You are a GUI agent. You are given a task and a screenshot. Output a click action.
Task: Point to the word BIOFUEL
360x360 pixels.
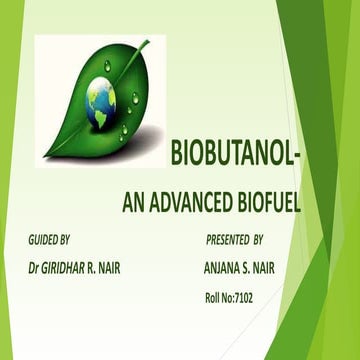coord(265,203)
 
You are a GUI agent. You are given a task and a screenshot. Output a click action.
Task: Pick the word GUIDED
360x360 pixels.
coord(42,241)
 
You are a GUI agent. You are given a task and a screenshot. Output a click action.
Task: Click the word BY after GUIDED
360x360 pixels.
coord(67,241)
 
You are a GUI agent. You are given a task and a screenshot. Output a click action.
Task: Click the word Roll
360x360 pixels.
coord(214,298)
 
